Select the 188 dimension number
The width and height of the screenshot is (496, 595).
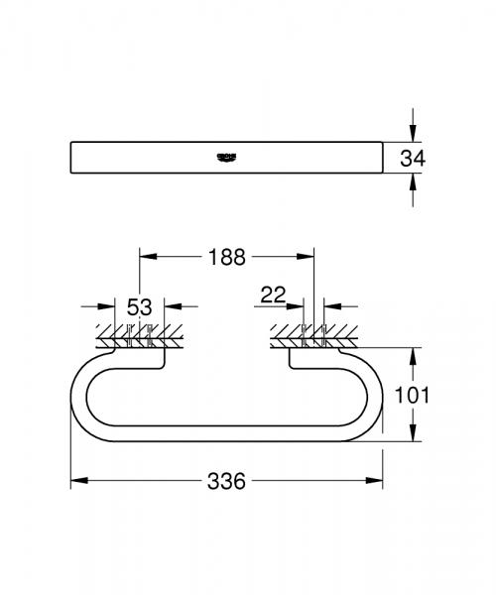(x=227, y=257)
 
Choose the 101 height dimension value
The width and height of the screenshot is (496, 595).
(x=440, y=395)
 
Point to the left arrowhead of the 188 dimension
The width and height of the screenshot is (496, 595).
(x=146, y=257)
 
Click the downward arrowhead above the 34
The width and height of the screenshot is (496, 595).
(x=414, y=135)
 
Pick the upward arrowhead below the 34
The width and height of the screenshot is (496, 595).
(x=414, y=179)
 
